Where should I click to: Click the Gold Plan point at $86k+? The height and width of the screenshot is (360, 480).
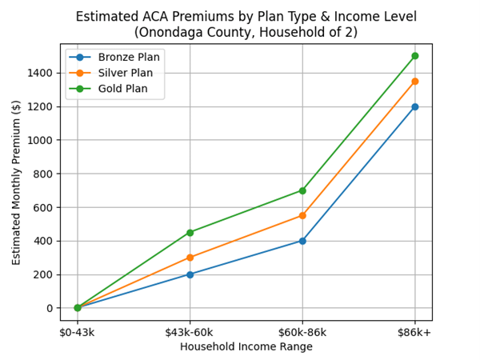point(414,56)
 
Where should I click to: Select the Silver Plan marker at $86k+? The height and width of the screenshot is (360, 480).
point(414,81)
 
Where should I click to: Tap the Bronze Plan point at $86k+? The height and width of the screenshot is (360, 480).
point(414,106)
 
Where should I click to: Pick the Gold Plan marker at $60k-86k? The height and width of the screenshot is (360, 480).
point(302,190)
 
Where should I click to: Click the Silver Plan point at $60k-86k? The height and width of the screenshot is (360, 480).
point(302,215)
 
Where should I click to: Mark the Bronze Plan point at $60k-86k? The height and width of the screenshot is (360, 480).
point(302,241)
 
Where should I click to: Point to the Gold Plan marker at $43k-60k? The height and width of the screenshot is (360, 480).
point(190,232)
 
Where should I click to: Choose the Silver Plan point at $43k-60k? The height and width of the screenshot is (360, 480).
point(190,258)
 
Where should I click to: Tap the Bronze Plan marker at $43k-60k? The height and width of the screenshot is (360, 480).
point(190,274)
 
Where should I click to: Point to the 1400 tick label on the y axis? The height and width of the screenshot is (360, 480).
point(40,73)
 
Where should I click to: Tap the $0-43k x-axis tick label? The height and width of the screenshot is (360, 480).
point(78,332)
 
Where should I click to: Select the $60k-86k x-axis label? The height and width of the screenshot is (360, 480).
point(302,332)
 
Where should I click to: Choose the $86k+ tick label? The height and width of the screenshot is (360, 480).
point(414,332)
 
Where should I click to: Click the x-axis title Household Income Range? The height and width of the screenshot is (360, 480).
point(246,347)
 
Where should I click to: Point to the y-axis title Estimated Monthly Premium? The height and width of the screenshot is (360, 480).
point(17,182)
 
